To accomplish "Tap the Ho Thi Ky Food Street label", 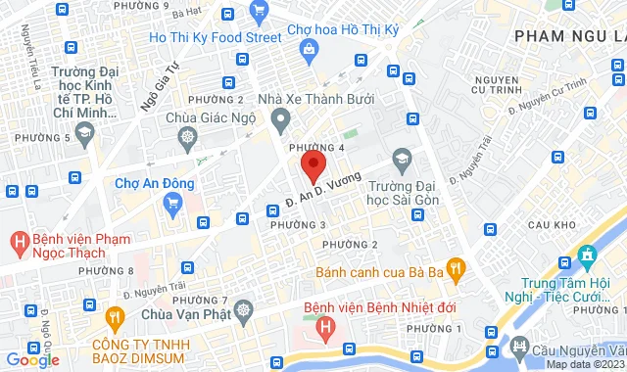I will (x=215, y=38).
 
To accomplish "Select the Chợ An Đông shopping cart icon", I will (x=174, y=204).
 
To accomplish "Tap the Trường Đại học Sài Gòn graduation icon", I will (x=401, y=159).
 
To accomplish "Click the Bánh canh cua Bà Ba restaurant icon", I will (x=454, y=266).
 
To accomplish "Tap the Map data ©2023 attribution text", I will (x=584, y=364).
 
